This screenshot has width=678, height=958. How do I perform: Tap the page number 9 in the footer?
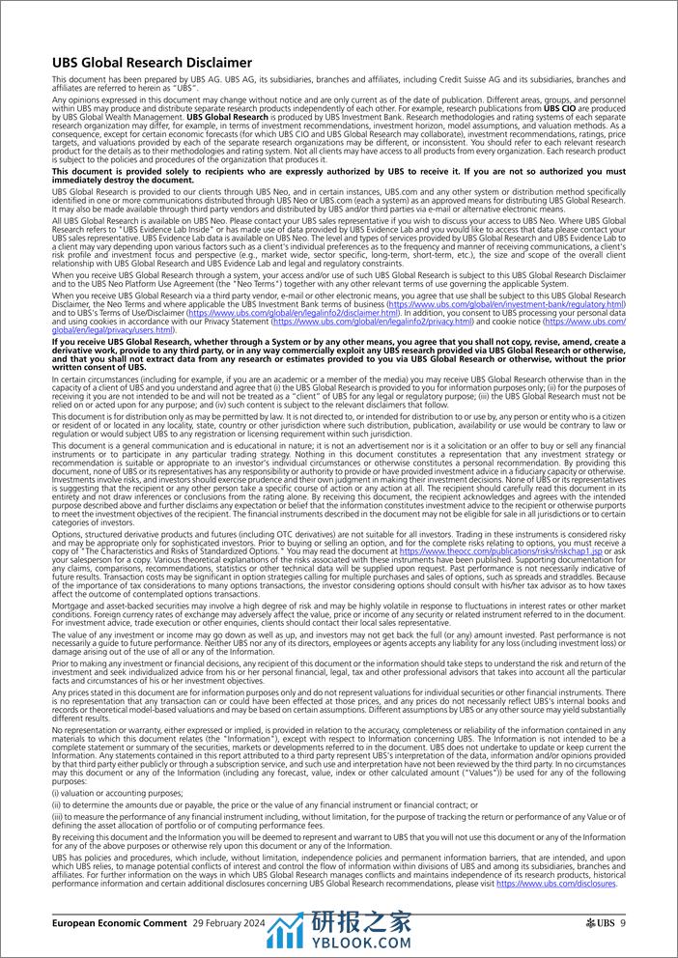[x=623, y=924]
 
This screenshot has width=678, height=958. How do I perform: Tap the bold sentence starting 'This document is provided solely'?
[x=338, y=175]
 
